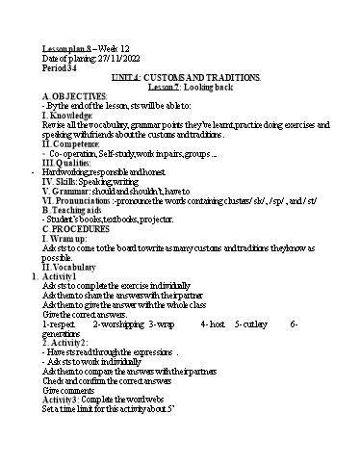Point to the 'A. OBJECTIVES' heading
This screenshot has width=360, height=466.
[74, 96]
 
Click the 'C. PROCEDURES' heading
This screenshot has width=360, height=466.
[78, 224]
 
